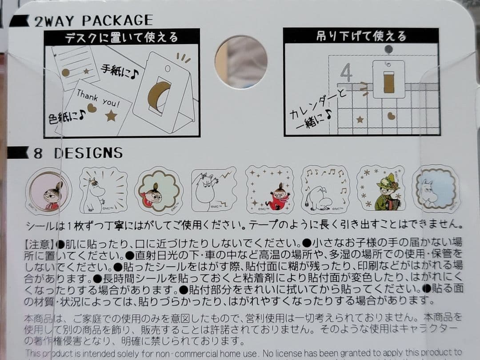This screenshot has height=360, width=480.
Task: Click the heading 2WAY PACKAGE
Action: (x=93, y=20)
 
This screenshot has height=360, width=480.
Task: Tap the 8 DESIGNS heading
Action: (x=78, y=153)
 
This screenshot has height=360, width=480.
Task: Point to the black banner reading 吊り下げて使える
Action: (x=361, y=36)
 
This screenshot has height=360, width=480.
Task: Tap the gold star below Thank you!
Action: (x=111, y=116)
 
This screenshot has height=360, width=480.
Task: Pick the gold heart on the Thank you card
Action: (x=92, y=108)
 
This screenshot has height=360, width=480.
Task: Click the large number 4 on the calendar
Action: (x=346, y=72)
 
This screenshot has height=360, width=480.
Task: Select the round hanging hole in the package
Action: (x=241, y=62)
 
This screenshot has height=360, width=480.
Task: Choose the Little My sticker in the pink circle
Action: (x=49, y=190)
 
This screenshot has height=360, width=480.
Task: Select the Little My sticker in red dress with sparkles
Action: (x=270, y=190)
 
